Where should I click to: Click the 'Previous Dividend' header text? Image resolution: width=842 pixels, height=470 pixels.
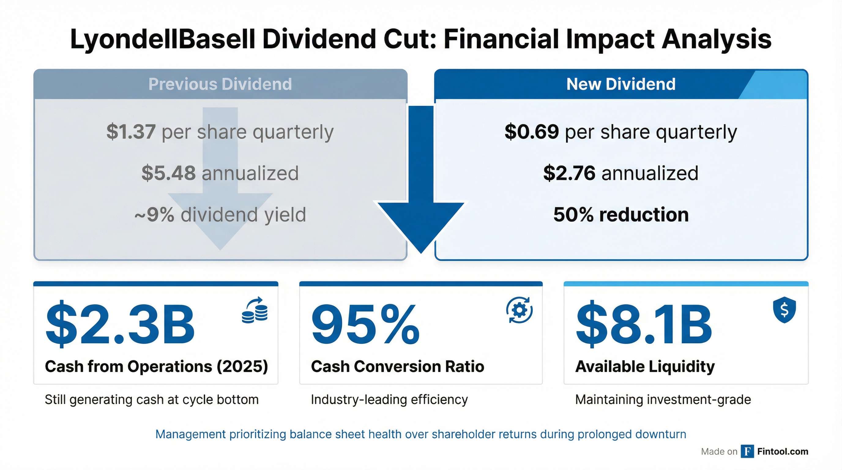point(220,84)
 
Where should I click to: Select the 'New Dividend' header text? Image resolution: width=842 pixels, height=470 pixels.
point(621,84)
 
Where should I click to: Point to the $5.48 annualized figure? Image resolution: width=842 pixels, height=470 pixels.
point(168,173)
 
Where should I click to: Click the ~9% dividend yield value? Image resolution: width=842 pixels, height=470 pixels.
point(155,215)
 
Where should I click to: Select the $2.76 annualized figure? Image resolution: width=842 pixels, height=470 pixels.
point(569,173)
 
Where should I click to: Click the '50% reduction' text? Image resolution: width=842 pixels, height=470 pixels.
point(621,215)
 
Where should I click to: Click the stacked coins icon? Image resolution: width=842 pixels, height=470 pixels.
point(255,311)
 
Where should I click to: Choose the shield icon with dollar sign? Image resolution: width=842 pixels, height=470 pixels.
point(784,311)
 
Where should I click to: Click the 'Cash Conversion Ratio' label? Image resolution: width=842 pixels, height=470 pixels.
point(397,366)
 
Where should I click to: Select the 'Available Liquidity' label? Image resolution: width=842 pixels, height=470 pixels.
point(645,366)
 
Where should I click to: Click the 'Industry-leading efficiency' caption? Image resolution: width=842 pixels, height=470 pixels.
point(389,400)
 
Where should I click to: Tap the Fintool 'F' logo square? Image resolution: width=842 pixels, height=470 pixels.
point(747,452)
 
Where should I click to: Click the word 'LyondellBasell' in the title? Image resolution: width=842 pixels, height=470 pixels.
point(162,39)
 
